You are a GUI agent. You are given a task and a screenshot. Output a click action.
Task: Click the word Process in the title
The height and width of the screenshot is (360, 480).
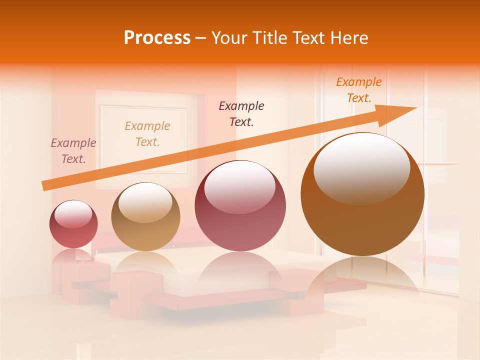(157, 38)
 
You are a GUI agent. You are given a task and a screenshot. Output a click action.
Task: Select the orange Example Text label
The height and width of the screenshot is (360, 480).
(359, 90)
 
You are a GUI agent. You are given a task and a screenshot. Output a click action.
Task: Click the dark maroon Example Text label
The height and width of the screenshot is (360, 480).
(241, 113)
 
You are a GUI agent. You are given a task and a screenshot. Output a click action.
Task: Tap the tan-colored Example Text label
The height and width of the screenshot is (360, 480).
(147, 133)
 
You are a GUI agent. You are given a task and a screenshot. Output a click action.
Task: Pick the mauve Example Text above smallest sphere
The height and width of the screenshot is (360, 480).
(73, 150)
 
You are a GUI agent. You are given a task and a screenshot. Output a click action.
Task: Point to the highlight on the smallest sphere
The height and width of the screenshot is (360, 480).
(73, 214)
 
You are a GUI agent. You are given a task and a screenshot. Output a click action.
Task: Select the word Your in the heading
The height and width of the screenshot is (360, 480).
(230, 38)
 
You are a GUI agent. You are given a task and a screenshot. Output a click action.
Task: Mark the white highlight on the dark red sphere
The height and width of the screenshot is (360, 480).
(239, 187)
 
